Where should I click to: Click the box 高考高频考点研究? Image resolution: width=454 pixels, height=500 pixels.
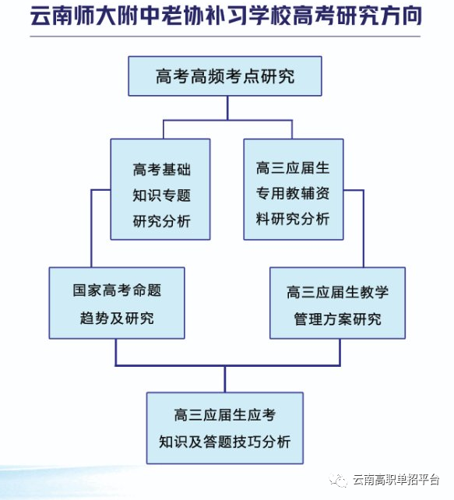pos(225,76)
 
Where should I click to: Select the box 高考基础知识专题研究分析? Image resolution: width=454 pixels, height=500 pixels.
pos(160,189)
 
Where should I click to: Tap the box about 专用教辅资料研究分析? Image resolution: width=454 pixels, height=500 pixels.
pos(294,189)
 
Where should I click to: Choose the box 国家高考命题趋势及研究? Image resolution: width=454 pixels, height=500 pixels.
pos(117,303)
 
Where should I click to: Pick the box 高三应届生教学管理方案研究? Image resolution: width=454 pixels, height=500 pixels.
pos(338,303)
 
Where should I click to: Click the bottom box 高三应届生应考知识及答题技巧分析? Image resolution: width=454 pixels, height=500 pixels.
pos(225,428)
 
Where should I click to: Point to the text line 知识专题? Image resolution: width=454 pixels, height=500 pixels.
pos(162,195)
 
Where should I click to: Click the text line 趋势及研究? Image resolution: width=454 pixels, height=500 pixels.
pos(117,318)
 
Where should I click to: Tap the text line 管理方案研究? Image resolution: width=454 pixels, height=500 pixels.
pos(338,319)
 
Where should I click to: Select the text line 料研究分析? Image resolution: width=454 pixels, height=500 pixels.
pos(293,219)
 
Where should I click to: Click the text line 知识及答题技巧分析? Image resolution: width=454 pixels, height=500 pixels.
pos(225,442)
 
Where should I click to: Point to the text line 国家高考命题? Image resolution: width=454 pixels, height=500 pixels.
pos(117,290)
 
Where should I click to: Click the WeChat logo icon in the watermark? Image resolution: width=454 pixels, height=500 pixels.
pos(338,480)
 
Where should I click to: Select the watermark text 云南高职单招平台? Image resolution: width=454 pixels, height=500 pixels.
pos(396,480)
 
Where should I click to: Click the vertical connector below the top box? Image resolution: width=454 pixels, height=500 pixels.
pos(227,108)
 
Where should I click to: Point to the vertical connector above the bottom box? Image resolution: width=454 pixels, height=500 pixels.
pos(225,379)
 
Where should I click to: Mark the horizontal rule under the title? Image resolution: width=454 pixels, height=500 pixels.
pos(225,37)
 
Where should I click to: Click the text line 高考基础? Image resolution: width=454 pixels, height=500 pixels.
pos(162,169)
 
